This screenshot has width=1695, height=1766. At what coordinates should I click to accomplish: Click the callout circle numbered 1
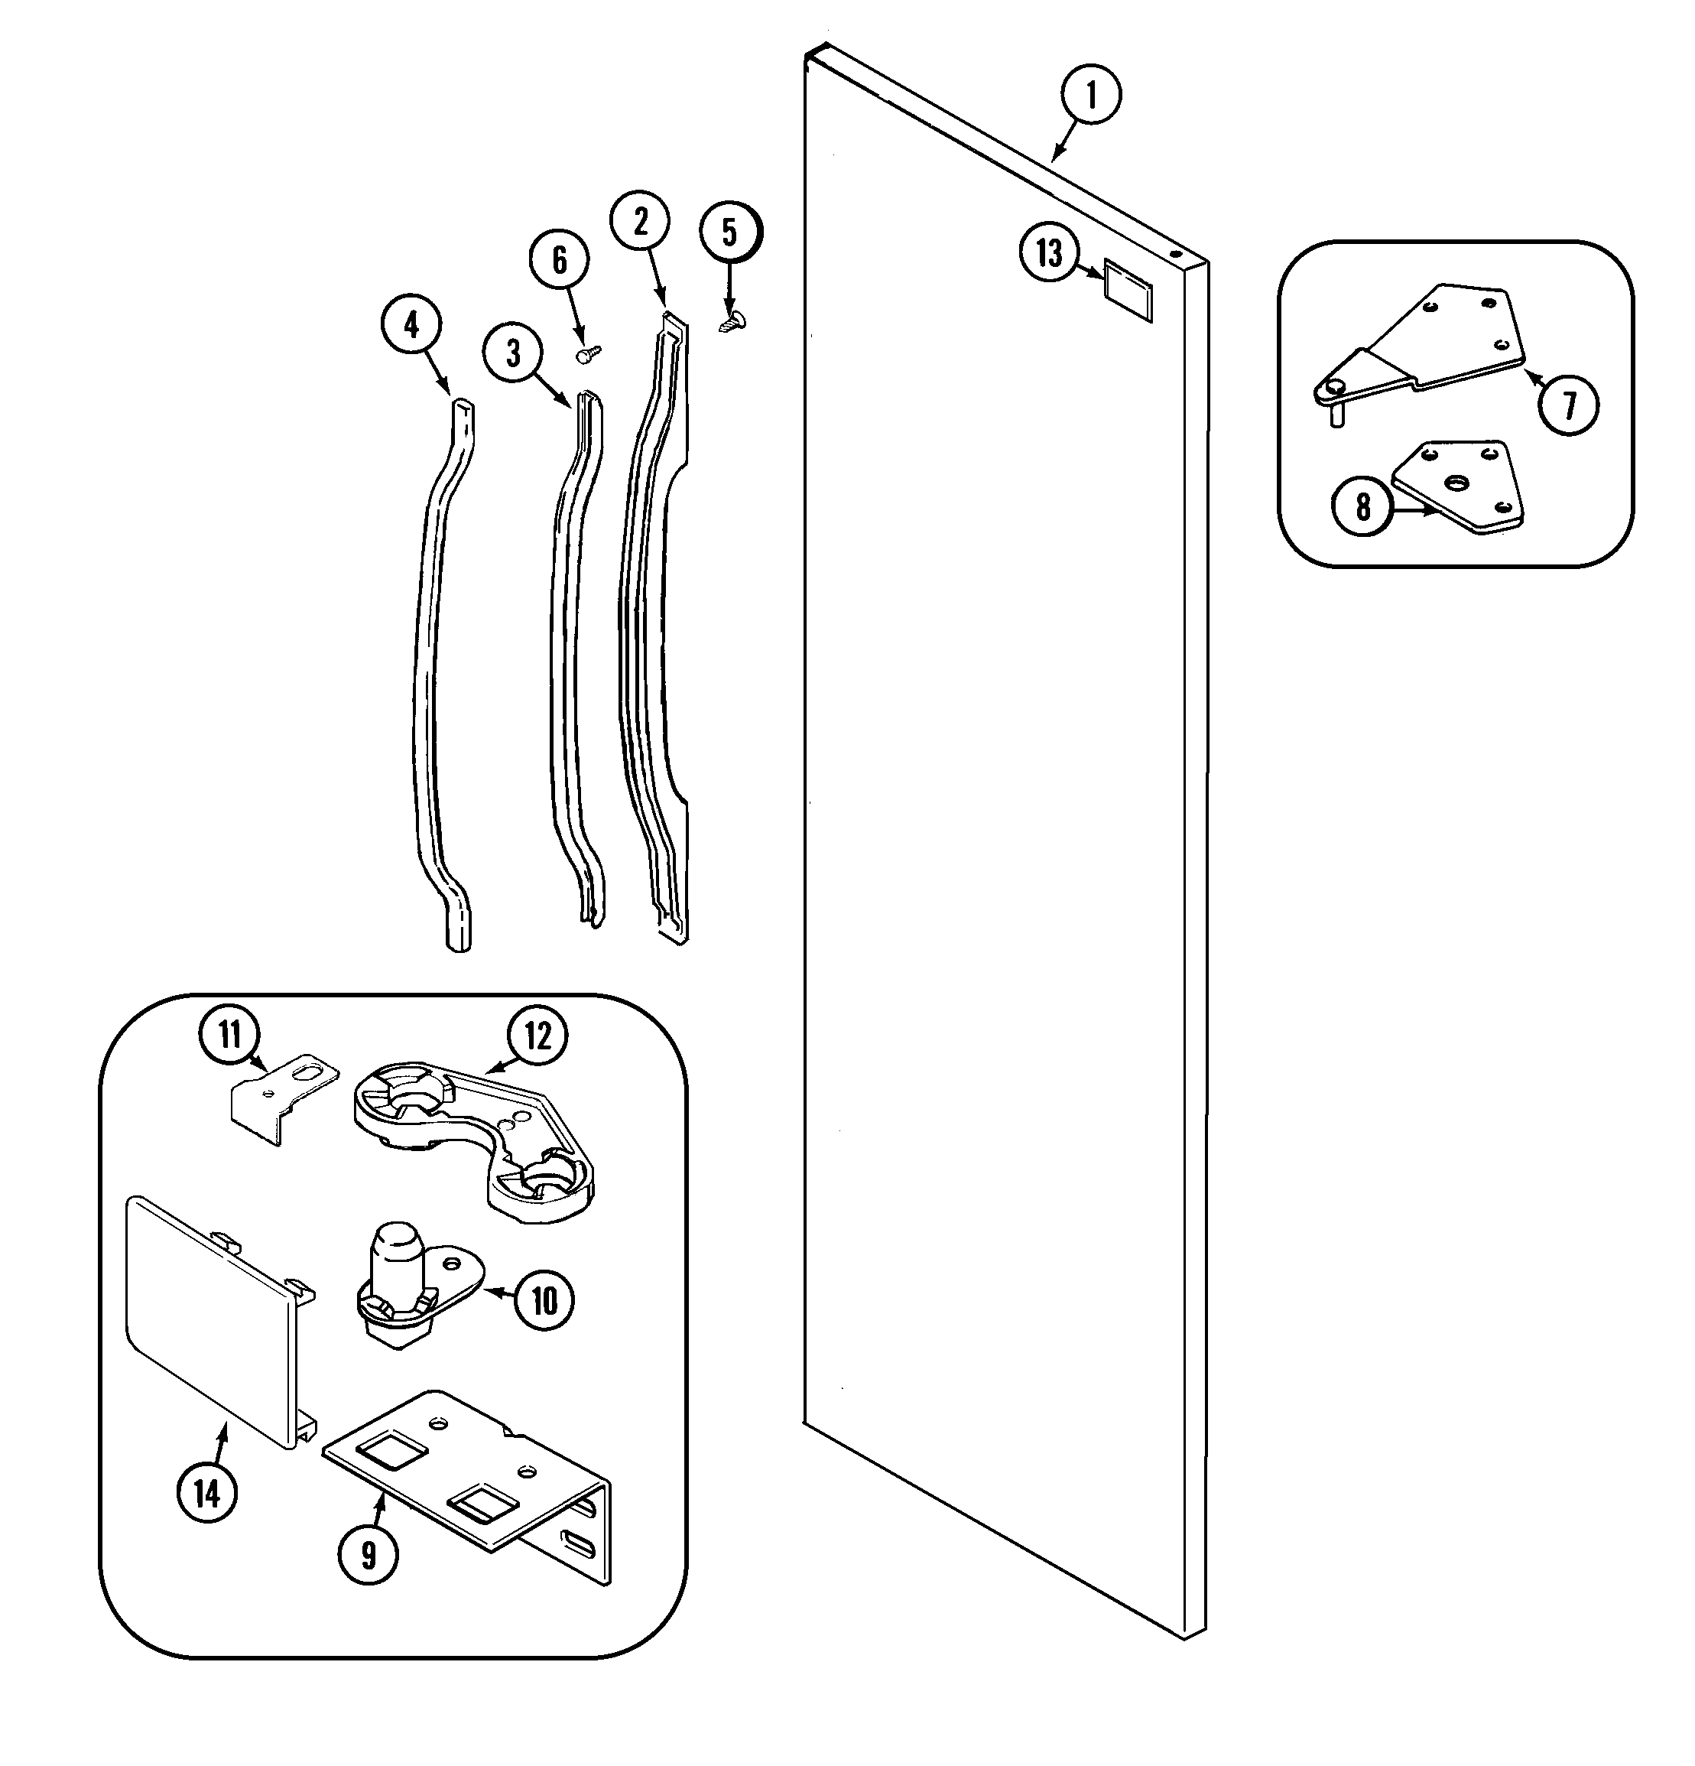tap(1091, 95)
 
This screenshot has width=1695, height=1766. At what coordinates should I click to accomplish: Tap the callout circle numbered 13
tap(1049, 253)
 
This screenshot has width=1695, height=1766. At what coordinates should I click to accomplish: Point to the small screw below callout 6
tap(588, 354)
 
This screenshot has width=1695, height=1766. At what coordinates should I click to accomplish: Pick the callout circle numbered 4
tap(411, 324)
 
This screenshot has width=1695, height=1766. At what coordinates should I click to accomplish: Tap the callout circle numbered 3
tap(513, 353)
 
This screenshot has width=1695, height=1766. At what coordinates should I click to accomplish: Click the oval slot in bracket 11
tap(308, 1072)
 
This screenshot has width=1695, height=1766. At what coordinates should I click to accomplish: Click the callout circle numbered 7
tap(1569, 405)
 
